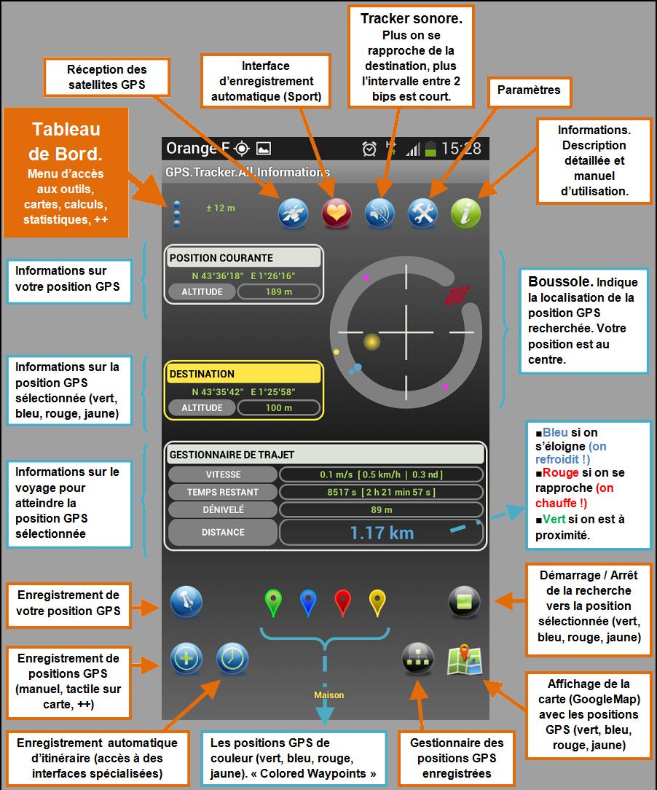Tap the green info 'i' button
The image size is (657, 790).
coord(465,213)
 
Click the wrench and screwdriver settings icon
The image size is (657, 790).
coord(423,213)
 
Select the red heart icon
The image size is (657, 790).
coord(337,213)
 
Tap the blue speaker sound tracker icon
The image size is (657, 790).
coord(379,213)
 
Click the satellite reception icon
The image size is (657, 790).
coord(293,213)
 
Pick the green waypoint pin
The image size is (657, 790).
coord(273,603)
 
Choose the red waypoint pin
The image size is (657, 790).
coord(343,603)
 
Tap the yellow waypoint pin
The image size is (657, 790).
coord(377,603)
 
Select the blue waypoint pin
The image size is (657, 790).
coord(307,603)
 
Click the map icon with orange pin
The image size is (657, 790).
coord(465,660)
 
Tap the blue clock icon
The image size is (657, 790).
coord(232,659)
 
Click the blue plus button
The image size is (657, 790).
coord(186,659)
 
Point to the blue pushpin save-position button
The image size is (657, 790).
coord(186,601)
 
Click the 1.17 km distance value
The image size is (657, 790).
coord(382,533)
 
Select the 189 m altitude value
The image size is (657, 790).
coord(278,292)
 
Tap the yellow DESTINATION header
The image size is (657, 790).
coord(244,373)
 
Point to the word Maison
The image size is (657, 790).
coord(328,695)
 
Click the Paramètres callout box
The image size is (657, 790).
coord(529,92)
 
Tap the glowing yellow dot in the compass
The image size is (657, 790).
coord(371,342)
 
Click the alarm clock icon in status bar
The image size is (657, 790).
coord(369,149)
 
